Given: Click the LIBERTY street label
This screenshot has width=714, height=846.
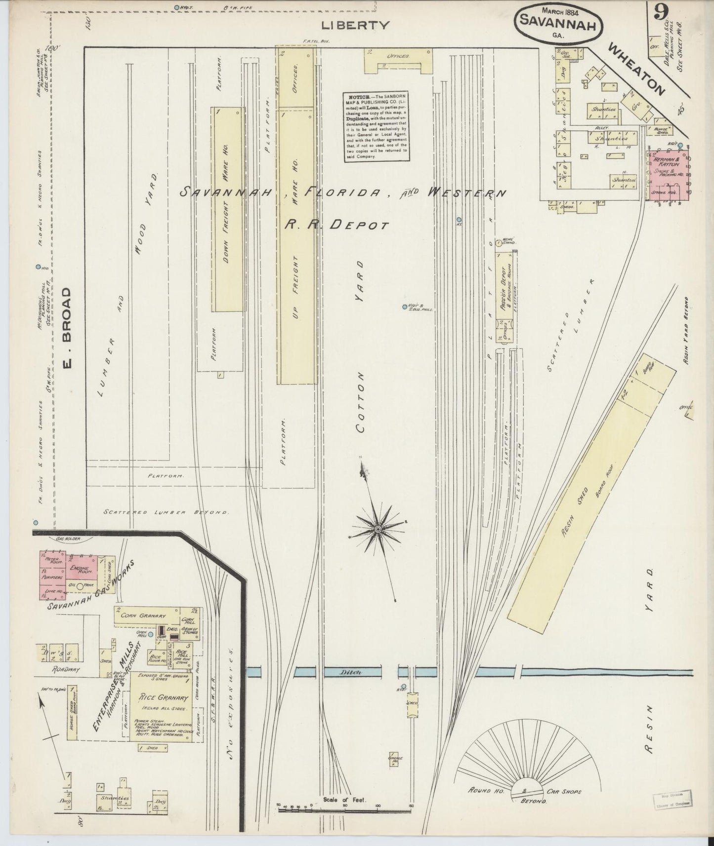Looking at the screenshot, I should point(355,25).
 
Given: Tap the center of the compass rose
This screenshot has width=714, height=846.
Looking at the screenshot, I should point(378,529).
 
